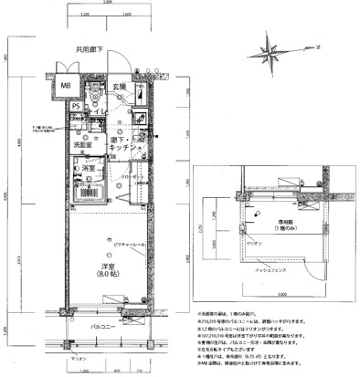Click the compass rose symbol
tap(276, 47)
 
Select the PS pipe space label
tap(76, 106)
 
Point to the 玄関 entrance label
tap(120, 87)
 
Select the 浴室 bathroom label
tap(90, 169)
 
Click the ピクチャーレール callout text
tap(132, 222)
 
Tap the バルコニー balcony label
tap(108, 325)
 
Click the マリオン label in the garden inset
tap(252, 246)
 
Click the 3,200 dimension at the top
tap(108, 5)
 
